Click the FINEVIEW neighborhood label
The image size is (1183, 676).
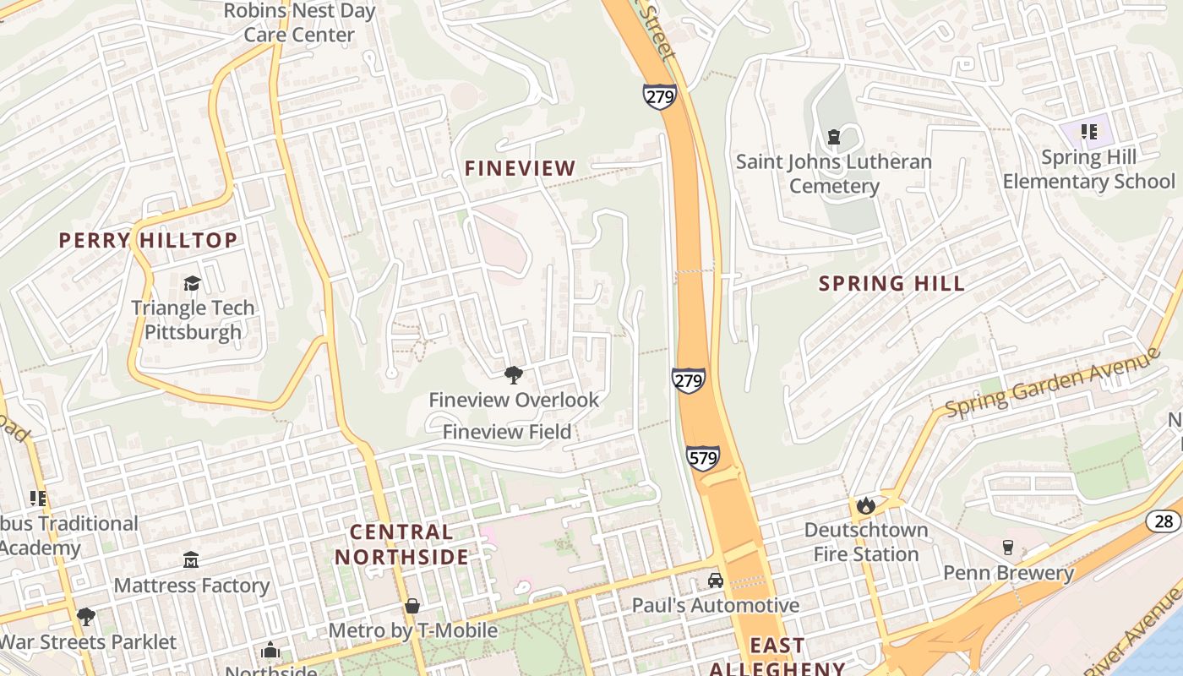pos(520,169)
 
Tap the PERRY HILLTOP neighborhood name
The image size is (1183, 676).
pos(148,241)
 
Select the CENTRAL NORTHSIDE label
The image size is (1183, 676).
pos(401,545)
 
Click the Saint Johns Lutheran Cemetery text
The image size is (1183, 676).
pos(834,174)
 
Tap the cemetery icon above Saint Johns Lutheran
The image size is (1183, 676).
pos(834,136)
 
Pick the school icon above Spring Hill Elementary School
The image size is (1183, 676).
pos(1088,132)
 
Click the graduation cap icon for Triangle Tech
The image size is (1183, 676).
pos(193,283)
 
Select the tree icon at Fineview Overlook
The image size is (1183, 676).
pos(513,375)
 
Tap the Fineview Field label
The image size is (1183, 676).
pos(507,432)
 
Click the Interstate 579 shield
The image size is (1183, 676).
pos(702,458)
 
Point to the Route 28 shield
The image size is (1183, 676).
pos(1164,521)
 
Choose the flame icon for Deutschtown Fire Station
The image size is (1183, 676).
pos(865,505)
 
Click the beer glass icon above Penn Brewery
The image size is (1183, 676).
pos(1007,548)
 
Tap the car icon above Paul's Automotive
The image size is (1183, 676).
pos(715,581)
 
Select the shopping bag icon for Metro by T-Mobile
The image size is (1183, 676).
pos(412,606)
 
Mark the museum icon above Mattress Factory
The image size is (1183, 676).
pos(191,559)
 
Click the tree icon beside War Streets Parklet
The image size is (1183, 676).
pos(85,617)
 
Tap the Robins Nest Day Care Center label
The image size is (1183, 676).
pos(299,23)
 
